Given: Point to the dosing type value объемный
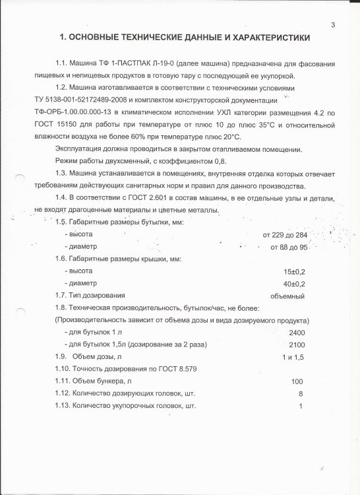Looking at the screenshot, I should [x=287, y=296].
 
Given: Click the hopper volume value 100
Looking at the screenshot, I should [x=297, y=381].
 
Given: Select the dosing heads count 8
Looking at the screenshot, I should [x=300, y=393].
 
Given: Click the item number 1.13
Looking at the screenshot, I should [x=63, y=405].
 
